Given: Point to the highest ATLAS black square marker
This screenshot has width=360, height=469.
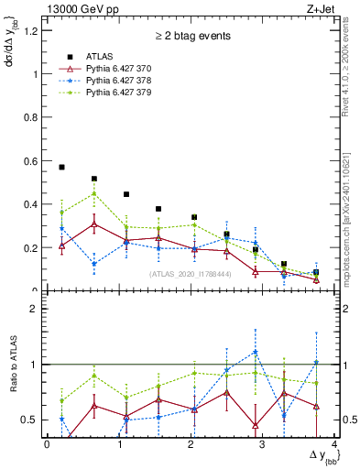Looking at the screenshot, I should tap(61, 168).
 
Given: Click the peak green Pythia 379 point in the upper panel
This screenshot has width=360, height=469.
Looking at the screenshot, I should tap(93, 193).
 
